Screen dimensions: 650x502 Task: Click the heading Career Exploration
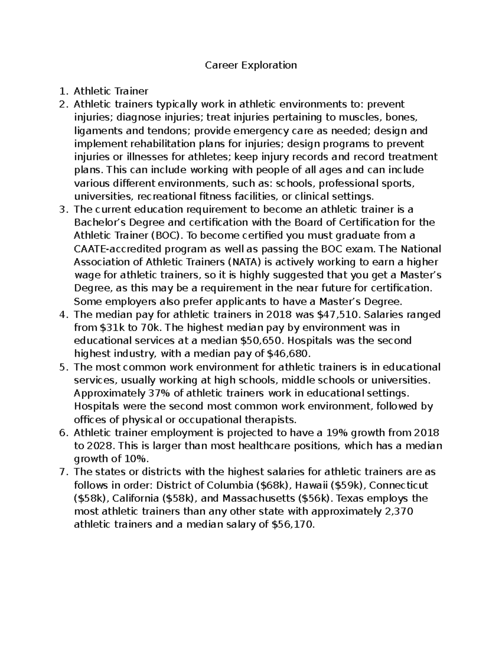click(251, 65)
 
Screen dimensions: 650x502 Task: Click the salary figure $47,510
click(304, 315)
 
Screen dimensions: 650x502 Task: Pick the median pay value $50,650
click(257, 341)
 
